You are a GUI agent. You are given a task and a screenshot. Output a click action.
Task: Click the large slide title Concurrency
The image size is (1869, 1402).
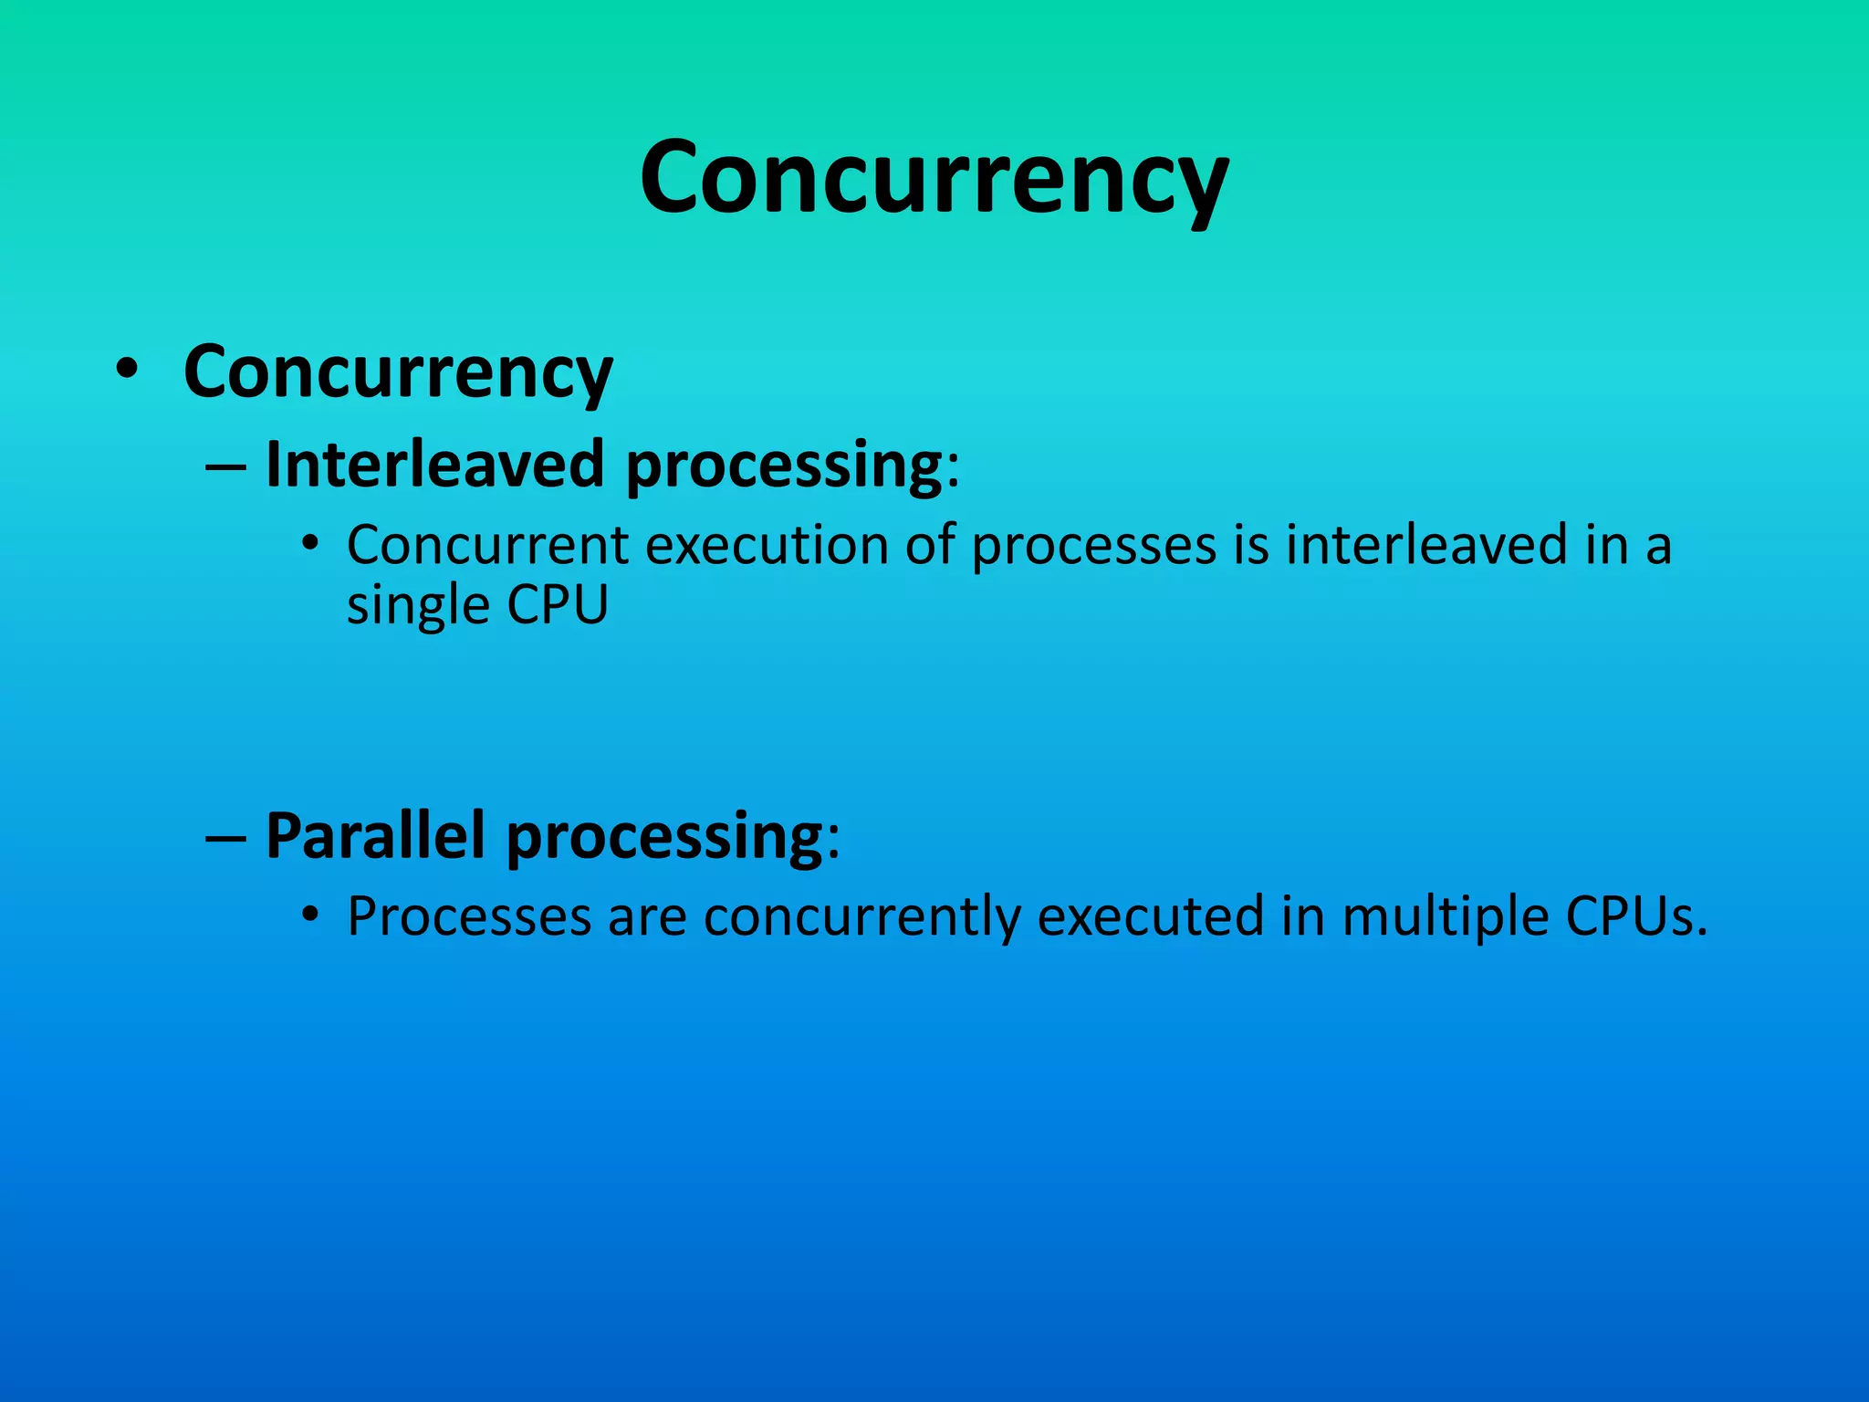(934, 178)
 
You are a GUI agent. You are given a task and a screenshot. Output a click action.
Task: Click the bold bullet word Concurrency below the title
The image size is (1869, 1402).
(398, 371)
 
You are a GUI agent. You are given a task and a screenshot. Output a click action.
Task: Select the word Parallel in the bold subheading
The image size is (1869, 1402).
(375, 835)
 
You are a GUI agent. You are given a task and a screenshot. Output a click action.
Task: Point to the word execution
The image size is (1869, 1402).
(767, 546)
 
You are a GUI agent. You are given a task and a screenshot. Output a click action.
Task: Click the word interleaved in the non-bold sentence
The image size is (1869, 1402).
(1426, 546)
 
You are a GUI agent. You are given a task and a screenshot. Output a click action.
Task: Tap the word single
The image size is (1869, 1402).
(418, 606)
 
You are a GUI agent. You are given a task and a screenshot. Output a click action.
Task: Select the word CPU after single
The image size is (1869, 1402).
(557, 604)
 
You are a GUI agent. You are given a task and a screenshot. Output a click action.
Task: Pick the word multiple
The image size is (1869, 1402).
(1445, 918)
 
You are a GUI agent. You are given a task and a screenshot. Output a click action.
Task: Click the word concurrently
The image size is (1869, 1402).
(861, 918)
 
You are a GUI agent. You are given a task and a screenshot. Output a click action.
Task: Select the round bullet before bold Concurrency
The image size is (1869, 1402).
(127, 370)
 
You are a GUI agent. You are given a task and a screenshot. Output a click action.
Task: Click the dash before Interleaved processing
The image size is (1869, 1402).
(225, 467)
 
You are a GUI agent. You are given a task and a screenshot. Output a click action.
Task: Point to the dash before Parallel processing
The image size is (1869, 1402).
(225, 838)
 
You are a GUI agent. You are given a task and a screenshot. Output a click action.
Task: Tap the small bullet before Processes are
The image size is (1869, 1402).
(310, 914)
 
